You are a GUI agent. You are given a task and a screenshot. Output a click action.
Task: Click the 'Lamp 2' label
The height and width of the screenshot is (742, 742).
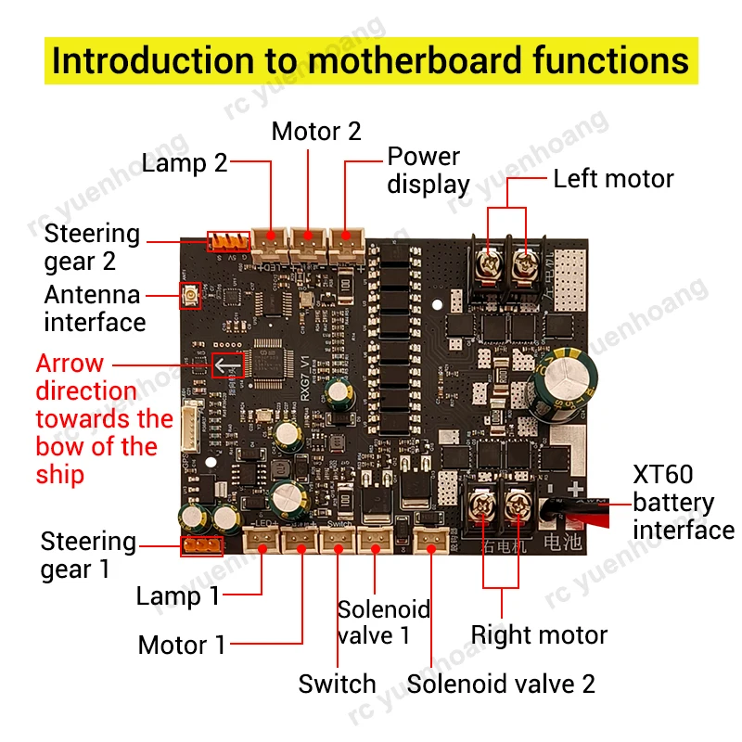pyautogui.click(x=184, y=164)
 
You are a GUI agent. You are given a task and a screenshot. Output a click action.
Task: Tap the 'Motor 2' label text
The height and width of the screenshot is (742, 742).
pyautogui.click(x=315, y=132)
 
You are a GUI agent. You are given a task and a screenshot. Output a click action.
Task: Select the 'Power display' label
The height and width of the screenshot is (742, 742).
pyautogui.click(x=428, y=170)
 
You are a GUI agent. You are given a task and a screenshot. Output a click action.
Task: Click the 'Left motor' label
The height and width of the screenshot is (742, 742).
pyautogui.click(x=613, y=178)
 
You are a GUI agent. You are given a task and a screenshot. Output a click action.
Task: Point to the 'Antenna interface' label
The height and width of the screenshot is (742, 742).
pyautogui.click(x=94, y=308)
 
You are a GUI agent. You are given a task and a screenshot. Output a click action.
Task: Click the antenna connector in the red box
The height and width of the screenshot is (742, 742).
pyautogui.click(x=191, y=296)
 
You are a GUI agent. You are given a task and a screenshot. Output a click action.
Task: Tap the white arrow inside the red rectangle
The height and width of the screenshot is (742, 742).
pyautogui.click(x=227, y=365)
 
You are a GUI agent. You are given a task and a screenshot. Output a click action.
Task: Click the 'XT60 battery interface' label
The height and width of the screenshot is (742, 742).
pyautogui.click(x=682, y=503)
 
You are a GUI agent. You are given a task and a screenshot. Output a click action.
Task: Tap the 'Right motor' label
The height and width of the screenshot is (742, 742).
pyautogui.click(x=539, y=635)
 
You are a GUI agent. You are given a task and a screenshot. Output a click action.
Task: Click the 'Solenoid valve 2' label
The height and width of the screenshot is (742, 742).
pyautogui.click(x=501, y=684)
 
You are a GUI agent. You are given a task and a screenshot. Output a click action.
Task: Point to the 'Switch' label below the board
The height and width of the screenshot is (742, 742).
pyautogui.click(x=337, y=684)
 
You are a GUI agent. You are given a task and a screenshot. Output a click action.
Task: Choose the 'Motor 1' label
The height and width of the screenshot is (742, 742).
pyautogui.click(x=182, y=645)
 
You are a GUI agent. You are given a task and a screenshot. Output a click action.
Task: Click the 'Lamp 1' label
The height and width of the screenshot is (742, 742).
pyautogui.click(x=178, y=595)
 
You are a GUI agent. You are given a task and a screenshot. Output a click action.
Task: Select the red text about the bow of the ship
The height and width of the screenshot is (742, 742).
pyautogui.click(x=103, y=419)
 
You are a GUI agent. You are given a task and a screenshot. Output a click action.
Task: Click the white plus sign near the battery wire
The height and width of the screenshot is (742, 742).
pyautogui.click(x=577, y=490)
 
